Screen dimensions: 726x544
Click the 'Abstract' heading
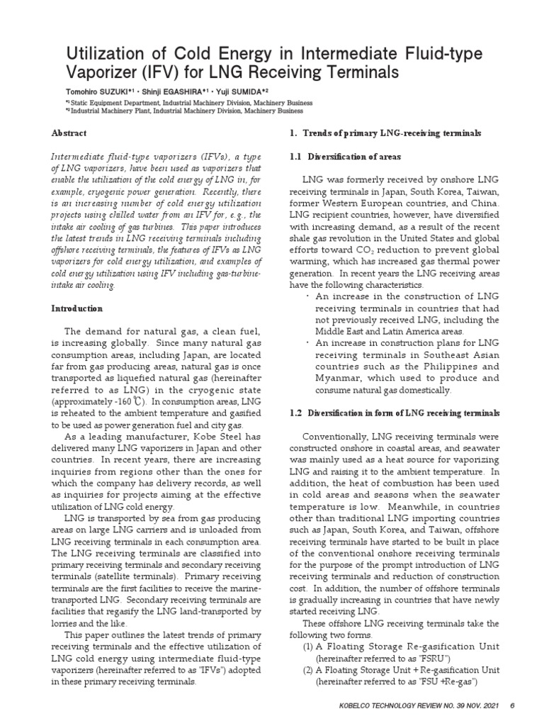69,133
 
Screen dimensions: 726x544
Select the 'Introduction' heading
77,309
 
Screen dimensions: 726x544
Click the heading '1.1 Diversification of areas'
345,157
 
